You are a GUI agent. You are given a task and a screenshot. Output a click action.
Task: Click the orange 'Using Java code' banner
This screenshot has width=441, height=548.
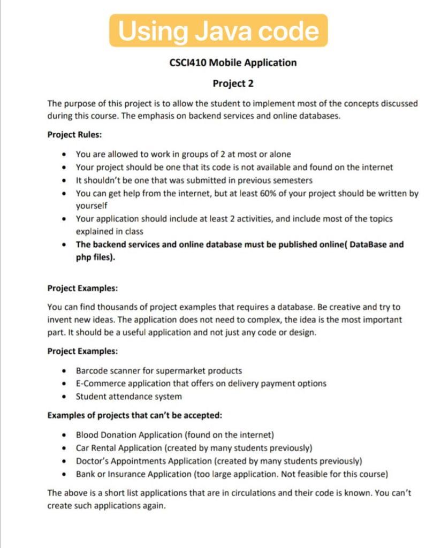(218, 31)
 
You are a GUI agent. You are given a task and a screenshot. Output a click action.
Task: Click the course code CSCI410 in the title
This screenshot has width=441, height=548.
(187, 63)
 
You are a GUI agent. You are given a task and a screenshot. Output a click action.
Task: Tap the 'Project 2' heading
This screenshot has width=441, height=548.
(233, 83)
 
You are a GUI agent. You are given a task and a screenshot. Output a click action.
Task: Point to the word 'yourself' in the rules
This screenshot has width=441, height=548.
(92, 205)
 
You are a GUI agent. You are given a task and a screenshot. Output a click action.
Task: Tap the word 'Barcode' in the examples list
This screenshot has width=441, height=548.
(92, 370)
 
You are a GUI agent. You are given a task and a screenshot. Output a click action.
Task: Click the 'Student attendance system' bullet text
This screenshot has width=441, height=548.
(128, 397)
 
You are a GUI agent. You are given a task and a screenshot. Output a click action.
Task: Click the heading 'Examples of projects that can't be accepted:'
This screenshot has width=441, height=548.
(134, 415)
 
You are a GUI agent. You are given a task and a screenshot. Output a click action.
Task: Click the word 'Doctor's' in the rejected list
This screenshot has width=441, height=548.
(92, 461)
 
